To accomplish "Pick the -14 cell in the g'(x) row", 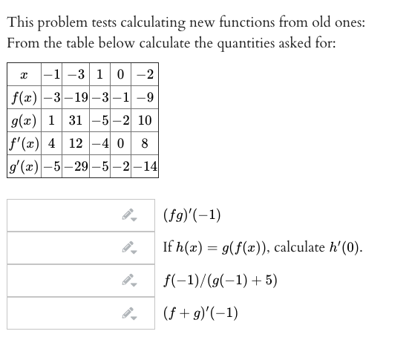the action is point(146,165).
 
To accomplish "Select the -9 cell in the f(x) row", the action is point(146,97).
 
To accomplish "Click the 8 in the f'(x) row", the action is point(146,143).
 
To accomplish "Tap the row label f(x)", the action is point(26,97).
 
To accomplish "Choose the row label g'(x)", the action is point(26,165).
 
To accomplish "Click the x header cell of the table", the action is point(26,76).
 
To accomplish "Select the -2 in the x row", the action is point(146,76).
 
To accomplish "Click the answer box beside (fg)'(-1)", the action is point(63,215).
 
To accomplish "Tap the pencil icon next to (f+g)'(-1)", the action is point(130,313).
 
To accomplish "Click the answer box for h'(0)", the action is point(63,247).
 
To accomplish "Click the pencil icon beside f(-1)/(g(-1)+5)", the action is point(130,281).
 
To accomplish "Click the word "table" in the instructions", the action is point(85,43).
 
